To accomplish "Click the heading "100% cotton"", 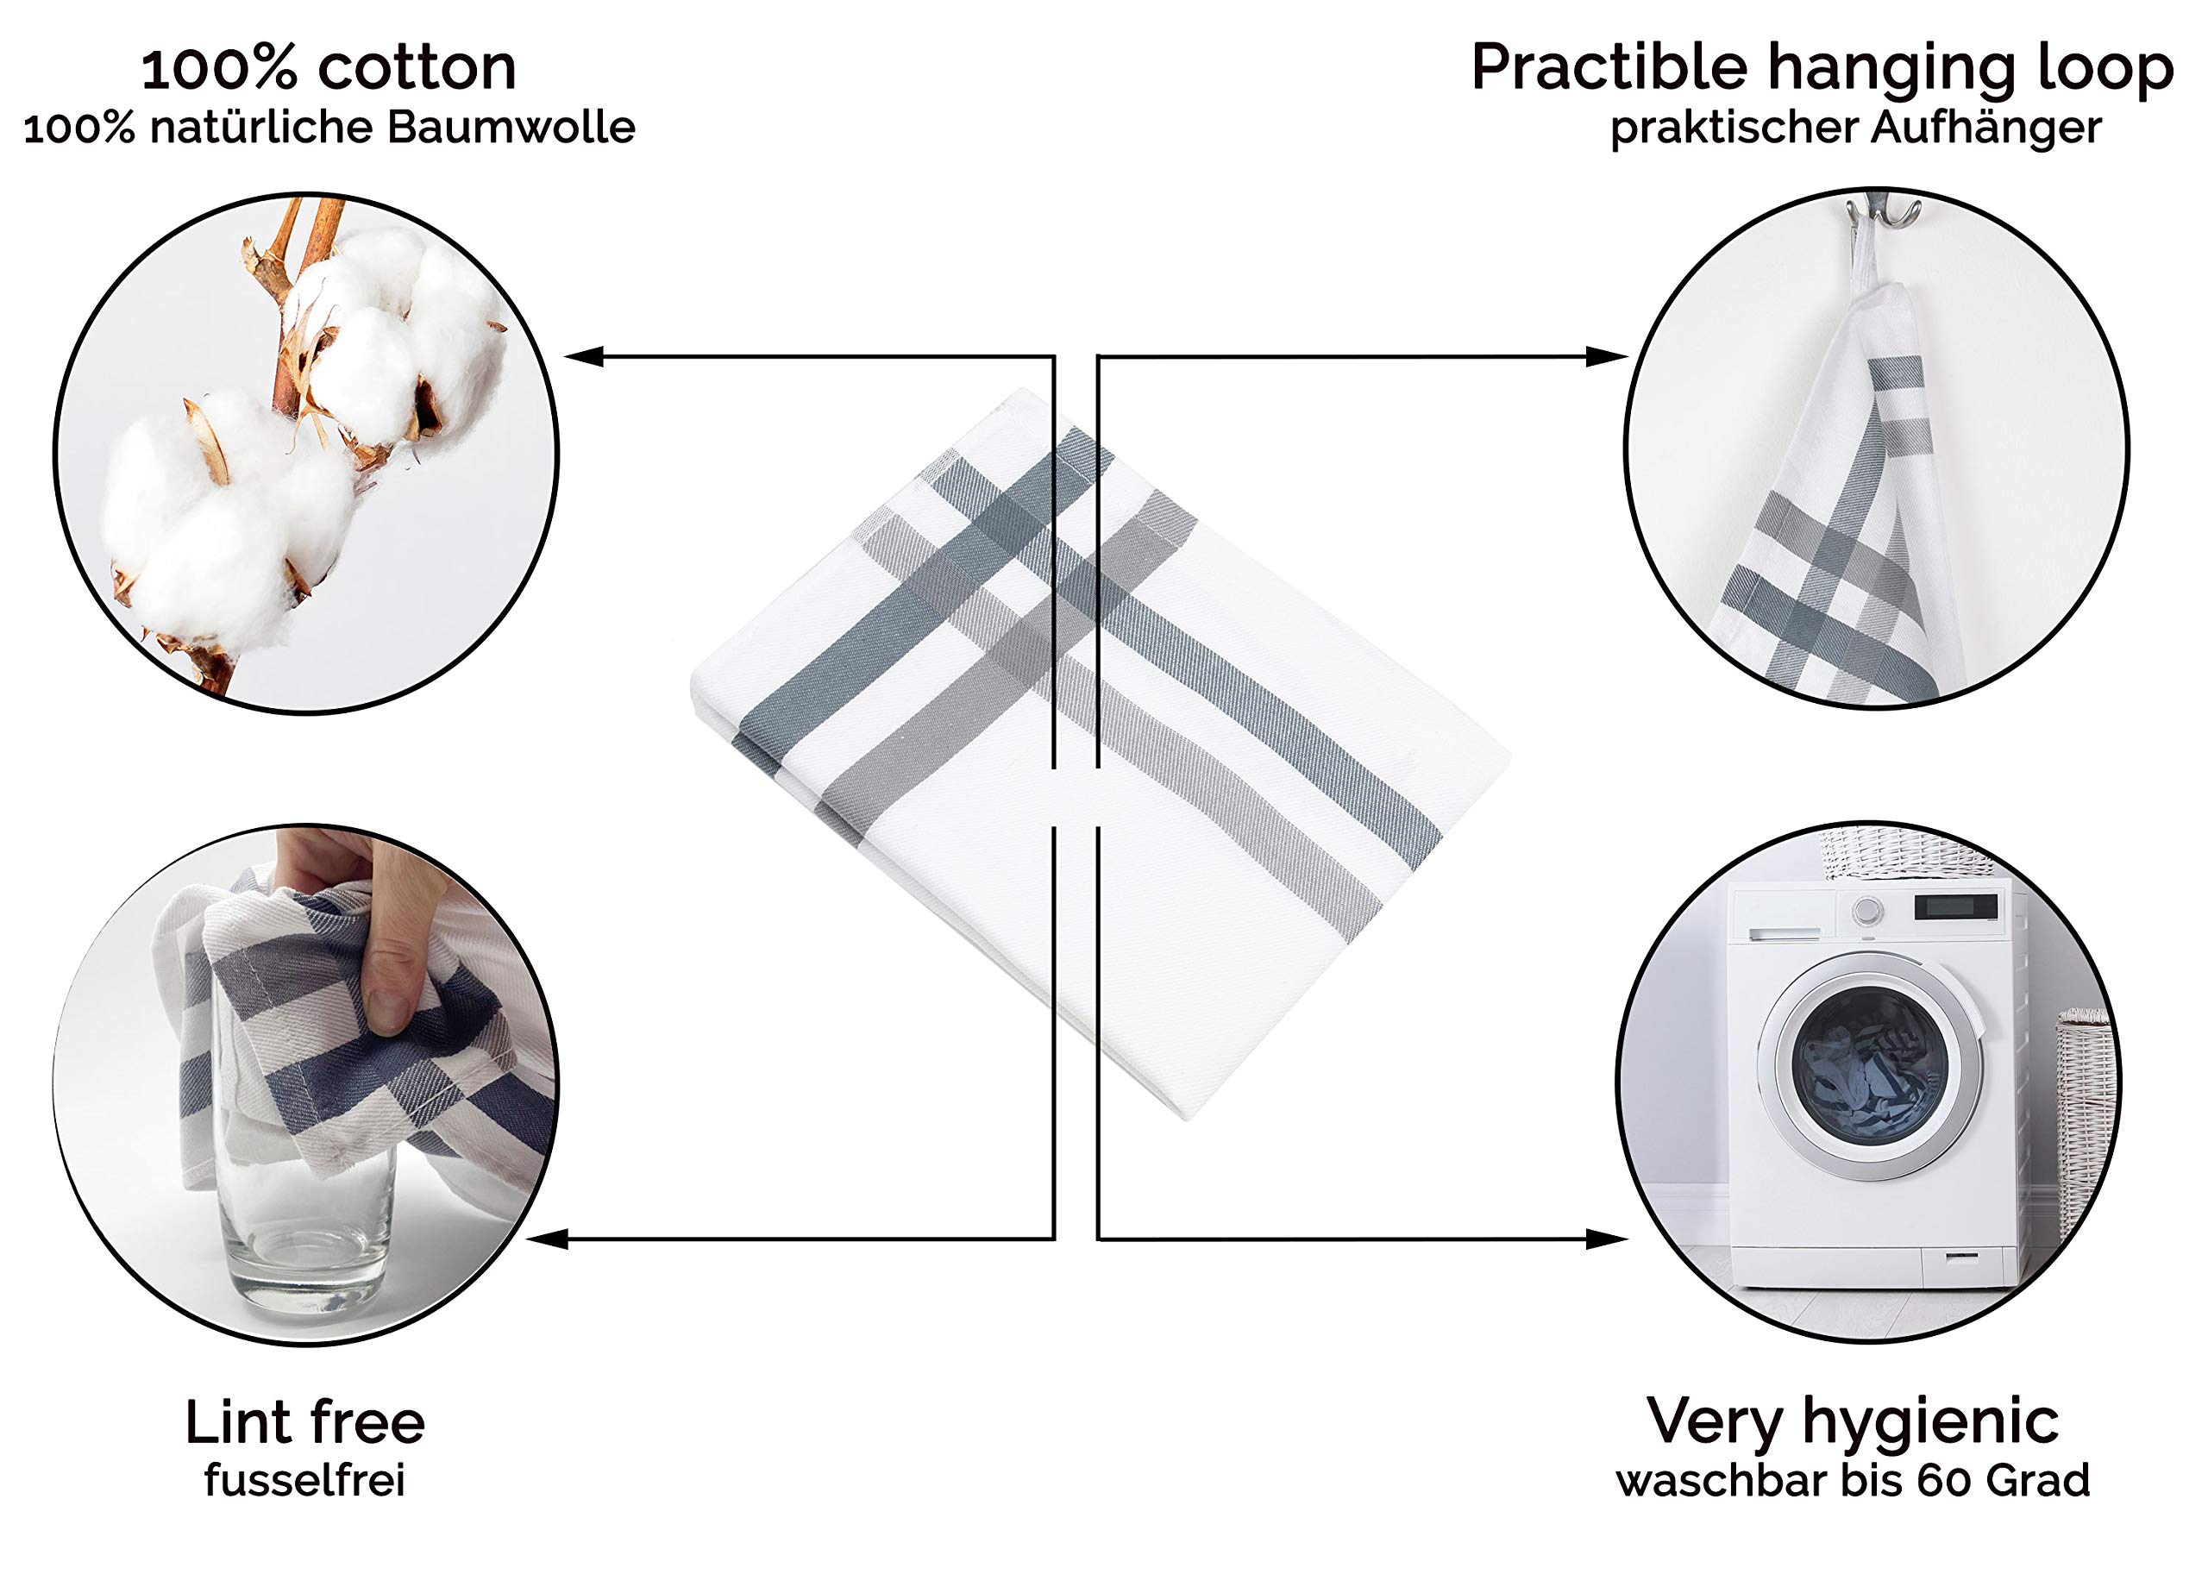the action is [329, 68].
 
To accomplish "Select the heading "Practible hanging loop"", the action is [1822, 69].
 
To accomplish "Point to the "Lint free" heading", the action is [304, 1422].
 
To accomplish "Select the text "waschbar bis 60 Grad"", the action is [1853, 1481].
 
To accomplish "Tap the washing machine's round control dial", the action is [1866, 913].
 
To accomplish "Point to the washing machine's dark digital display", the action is [1956, 907].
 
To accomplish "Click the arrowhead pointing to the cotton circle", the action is [584, 356].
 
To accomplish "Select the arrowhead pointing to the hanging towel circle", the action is [1606, 356].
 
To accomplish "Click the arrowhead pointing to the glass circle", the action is [546, 1239].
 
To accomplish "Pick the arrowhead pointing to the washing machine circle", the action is [1606, 1239].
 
